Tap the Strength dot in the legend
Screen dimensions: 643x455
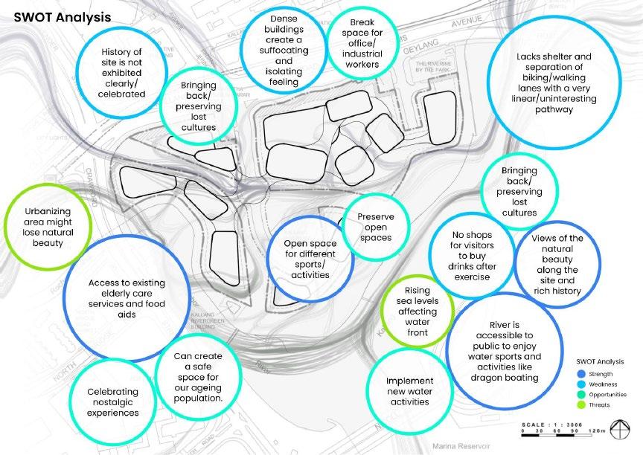(x=580, y=374)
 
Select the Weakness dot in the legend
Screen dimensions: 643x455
(x=580, y=384)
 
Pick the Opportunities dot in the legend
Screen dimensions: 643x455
(x=580, y=395)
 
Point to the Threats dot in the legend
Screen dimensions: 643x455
(x=580, y=405)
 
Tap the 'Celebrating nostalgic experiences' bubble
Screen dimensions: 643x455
(x=112, y=401)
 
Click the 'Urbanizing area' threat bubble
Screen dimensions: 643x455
(x=48, y=222)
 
